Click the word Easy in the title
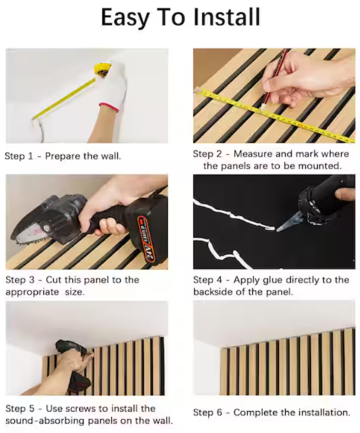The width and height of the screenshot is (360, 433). click(x=125, y=18)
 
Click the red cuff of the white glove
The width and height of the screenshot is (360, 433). click(x=108, y=107)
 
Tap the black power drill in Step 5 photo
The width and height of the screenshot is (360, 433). click(x=71, y=357)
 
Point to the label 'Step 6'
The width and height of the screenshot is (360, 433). click(x=209, y=412)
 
